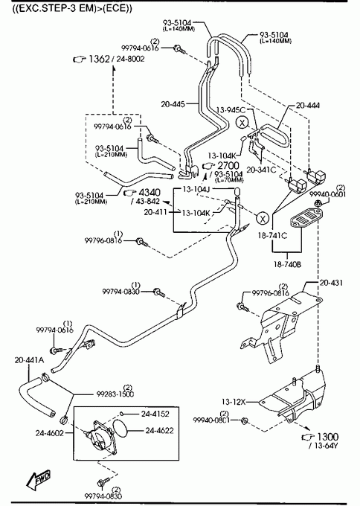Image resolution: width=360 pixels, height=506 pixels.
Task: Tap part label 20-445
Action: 173,104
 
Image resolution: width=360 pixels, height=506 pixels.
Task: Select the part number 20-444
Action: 308,106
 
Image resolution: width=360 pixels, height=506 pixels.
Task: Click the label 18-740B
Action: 287,264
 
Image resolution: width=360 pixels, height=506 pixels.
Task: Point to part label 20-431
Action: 331,283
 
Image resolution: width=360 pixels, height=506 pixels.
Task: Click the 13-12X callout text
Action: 234,402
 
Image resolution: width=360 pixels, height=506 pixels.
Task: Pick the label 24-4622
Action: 159,431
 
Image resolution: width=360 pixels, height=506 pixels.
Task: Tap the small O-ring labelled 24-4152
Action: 122,414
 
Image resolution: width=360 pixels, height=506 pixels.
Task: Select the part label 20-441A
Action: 29,360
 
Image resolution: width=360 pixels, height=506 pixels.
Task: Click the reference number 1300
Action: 328,437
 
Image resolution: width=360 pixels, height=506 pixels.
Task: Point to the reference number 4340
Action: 150,193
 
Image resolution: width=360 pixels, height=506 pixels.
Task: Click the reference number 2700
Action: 228,166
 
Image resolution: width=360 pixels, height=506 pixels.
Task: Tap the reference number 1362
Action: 100,59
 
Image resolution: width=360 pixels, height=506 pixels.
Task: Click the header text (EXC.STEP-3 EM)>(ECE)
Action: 72,8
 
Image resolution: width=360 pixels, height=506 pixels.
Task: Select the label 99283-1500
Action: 115,394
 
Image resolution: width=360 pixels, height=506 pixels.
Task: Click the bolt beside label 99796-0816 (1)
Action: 141,242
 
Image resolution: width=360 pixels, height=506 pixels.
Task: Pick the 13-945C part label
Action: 231,110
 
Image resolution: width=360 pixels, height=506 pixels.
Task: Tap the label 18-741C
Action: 272,236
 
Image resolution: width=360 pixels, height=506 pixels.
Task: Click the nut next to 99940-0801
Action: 244,420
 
